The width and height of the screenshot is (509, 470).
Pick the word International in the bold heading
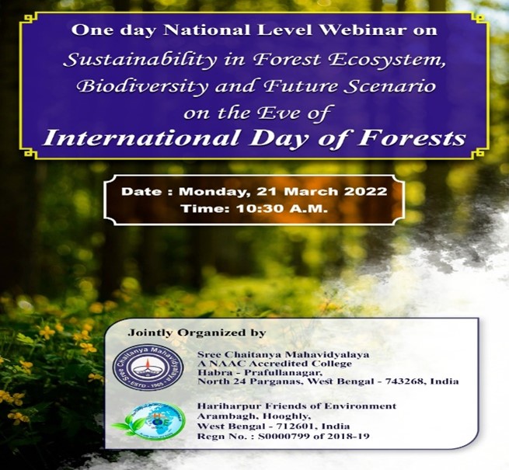(x=141, y=138)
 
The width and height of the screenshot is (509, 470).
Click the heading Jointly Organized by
(x=197, y=333)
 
